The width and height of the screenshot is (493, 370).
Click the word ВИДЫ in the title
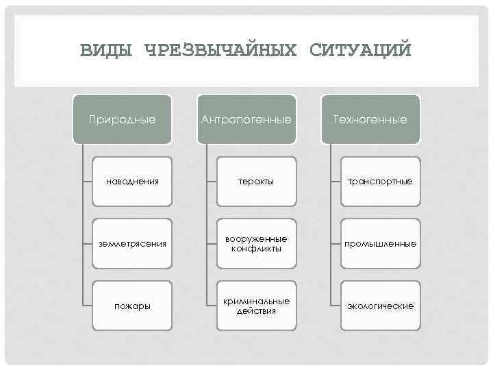tap(108, 50)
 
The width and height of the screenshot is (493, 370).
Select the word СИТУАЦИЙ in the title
tap(361, 50)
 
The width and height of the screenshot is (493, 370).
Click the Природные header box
tap(123, 119)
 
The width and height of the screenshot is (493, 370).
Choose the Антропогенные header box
tap(246, 119)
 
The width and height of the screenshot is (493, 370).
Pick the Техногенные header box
tap(370, 119)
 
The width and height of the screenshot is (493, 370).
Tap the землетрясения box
tap(132, 243)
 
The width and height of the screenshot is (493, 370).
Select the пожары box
tap(132, 306)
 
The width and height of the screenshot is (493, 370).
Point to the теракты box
tap(256, 182)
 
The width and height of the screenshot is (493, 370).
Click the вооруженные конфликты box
tap(256, 243)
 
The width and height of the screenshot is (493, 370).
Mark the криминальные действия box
tap(256, 306)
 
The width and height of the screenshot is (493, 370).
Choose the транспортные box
tap(379, 182)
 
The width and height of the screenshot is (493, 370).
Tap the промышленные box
tap(379, 243)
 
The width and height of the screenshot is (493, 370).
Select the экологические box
tap(379, 306)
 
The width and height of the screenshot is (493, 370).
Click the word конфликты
tap(256, 249)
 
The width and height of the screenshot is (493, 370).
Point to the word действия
tap(256, 311)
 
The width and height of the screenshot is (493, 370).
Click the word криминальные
tap(256, 301)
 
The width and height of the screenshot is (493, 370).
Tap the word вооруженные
tap(256, 238)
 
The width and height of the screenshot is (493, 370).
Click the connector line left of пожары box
tap(86, 306)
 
